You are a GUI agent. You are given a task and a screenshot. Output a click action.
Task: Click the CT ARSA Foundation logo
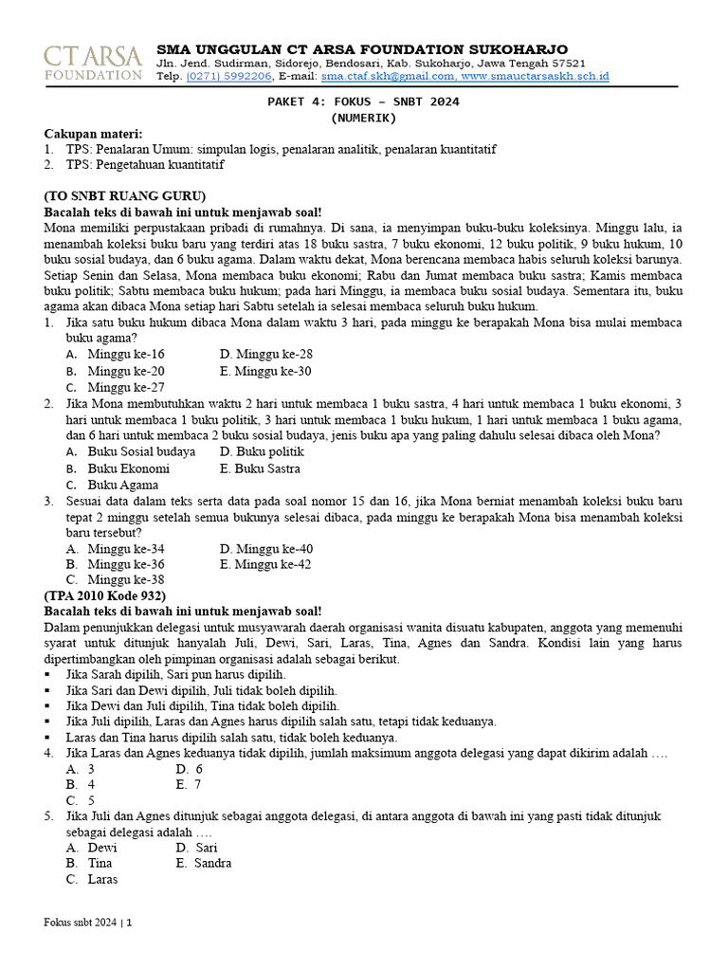(x=93, y=62)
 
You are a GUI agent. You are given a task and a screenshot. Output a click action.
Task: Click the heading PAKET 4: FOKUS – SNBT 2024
(x=364, y=102)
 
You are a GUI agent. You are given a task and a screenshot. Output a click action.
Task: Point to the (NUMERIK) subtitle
(x=364, y=119)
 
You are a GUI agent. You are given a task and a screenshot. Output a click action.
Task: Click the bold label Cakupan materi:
(x=93, y=134)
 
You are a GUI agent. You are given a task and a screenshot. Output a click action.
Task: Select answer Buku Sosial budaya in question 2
(x=141, y=451)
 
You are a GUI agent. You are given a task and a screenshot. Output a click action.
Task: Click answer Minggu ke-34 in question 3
(x=125, y=549)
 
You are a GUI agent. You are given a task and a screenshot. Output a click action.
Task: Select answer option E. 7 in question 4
(x=189, y=785)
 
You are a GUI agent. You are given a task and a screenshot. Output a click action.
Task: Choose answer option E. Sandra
(x=204, y=864)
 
